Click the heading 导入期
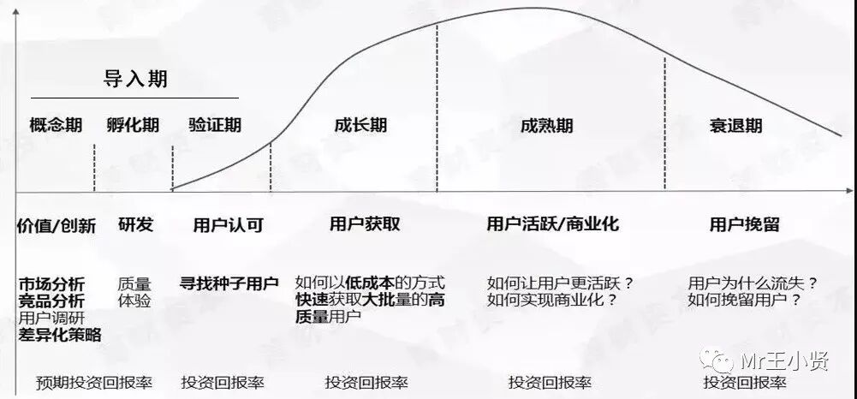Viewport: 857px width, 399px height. tap(135, 80)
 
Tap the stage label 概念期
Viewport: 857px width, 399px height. tap(56, 125)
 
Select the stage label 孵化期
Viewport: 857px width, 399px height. tap(133, 125)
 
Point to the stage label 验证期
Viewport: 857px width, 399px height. tap(215, 125)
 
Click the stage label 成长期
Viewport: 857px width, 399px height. tap(360, 125)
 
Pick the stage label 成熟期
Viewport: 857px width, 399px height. tap(546, 126)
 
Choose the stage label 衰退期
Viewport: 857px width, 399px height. tap(735, 126)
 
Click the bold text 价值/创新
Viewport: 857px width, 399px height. tap(56, 225)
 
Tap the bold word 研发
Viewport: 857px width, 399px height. tap(135, 225)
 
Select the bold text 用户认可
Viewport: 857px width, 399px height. tap(229, 225)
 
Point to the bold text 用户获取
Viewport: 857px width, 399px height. tap(365, 224)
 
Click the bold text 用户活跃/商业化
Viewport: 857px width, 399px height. tap(552, 224)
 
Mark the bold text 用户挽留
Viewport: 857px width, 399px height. tap(745, 224)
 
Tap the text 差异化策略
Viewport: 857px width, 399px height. tap(60, 335)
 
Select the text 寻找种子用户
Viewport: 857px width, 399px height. tap(229, 283)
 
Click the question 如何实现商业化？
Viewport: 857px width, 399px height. tap(552, 300)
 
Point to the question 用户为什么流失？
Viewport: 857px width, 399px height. tap(753, 283)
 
